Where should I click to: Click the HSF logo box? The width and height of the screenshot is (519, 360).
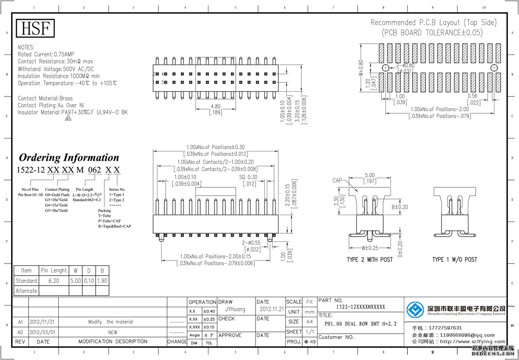pos(36,29)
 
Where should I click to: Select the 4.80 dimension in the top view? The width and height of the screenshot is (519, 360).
pos(215,106)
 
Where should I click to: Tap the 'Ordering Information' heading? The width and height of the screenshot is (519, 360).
pos(69,157)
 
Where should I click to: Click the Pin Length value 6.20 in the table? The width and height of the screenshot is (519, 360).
pos(54,281)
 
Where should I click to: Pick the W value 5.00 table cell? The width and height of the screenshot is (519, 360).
pos(75,281)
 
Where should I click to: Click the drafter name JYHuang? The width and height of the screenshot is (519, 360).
pos(235,309)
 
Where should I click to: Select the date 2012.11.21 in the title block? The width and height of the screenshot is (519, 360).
pos(271,309)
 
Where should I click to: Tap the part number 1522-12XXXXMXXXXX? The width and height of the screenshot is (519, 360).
pos(360,307)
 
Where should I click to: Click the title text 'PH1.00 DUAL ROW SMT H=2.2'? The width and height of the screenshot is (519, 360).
pos(360,324)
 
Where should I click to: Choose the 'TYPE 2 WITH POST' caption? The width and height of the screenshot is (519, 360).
pos(369,260)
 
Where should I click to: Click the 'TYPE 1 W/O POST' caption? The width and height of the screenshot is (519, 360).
pos(455,260)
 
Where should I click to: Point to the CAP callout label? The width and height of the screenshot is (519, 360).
pos(338,180)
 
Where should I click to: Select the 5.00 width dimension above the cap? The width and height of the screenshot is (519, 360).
pos(369,176)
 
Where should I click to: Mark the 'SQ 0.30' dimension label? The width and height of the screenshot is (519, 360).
pos(248,177)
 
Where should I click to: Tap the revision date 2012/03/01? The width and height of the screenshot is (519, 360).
pos(42,332)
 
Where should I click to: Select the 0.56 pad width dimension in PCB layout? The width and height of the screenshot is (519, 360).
pos(472,96)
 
